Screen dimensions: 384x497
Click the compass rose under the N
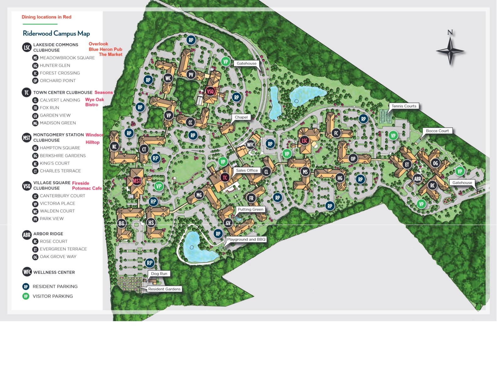[450, 51]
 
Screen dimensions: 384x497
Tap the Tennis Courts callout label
[404, 106]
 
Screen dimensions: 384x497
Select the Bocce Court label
[437, 131]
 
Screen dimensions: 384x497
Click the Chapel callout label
[241, 117]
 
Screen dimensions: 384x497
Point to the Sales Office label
[247, 170]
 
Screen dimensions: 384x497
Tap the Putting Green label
[250, 209]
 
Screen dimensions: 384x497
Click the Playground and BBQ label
[246, 239]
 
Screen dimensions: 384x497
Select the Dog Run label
[159, 274]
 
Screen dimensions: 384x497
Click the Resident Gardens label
[164, 289]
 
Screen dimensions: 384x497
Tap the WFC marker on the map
[250, 145]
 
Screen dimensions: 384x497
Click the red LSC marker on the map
[304, 140]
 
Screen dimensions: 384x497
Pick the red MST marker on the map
[137, 181]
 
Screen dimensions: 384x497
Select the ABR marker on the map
[417, 179]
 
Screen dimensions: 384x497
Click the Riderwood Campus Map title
[56, 33]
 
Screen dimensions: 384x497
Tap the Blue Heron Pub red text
[105, 49]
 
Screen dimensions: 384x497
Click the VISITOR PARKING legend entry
[53, 296]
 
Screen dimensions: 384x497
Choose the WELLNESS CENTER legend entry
[54, 272]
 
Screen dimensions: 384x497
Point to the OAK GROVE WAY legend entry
[58, 257]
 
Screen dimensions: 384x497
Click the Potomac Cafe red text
[87, 188]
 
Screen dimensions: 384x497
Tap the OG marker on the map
[435, 163]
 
